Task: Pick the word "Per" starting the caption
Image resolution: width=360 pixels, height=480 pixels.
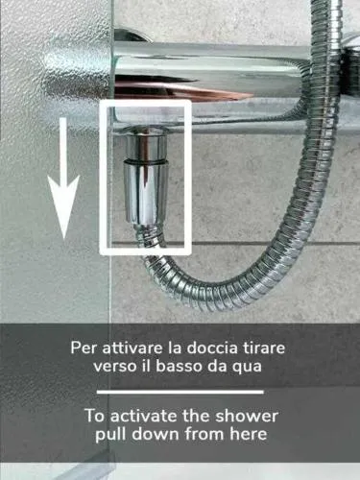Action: coord(84,348)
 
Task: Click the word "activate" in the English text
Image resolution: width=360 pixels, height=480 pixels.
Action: coord(144,416)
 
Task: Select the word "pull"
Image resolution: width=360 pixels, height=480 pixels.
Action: coord(110,435)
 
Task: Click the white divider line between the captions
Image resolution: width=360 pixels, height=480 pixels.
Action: coord(180,392)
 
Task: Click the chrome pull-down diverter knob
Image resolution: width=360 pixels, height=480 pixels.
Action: coord(145,192)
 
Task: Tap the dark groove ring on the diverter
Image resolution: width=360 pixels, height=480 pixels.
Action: coord(146,159)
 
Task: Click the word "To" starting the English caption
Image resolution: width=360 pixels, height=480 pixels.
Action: coord(94,416)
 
